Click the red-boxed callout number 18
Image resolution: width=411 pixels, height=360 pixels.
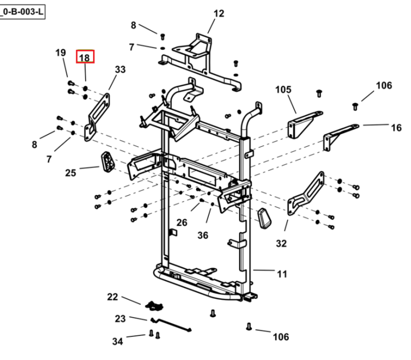pos(84,58)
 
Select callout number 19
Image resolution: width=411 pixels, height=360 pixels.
pos(60,53)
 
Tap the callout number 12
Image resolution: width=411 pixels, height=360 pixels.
pos(219,13)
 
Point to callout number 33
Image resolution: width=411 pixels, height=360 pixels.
pos(121,70)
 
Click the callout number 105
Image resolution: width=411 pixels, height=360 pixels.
pos(283,90)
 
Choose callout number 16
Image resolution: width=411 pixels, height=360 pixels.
pos(396,128)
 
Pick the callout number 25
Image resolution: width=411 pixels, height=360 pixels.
pos(71,173)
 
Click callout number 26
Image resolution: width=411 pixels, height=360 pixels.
pos(181,222)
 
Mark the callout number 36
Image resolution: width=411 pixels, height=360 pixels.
pos(203,235)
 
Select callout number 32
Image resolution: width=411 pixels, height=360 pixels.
pos(281,244)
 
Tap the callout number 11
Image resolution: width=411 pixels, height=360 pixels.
pos(282,274)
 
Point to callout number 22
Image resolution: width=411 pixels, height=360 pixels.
pos(112,297)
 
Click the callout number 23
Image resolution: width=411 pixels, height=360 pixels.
pos(121,318)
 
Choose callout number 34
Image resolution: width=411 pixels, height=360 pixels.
pos(117,341)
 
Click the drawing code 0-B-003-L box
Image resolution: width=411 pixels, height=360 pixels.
pos(22,12)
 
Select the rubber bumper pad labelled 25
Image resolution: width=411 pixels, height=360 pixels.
pos(108,162)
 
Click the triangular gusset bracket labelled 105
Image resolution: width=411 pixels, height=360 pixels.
pos(304,124)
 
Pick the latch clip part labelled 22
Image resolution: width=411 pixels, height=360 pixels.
pos(154,306)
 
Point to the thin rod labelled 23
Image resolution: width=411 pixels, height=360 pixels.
pos(171,325)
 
